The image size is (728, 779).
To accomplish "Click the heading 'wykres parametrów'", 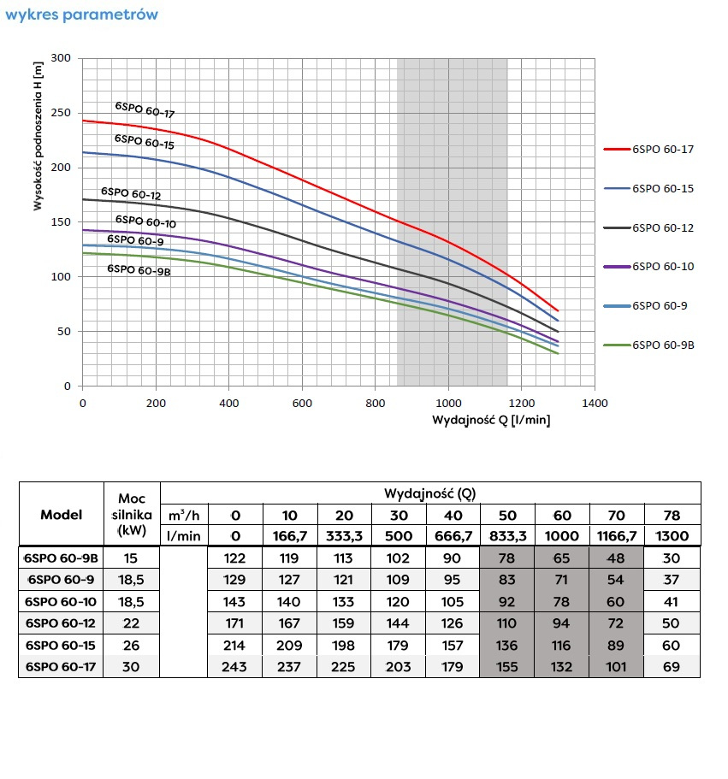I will coord(81,15).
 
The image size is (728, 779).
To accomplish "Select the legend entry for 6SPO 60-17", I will coord(663,149).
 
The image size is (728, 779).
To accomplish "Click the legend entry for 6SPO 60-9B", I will coord(663,345).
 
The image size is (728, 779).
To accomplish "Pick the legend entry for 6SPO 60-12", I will coord(663,227).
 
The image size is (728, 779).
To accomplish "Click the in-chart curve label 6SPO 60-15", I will coord(145,141).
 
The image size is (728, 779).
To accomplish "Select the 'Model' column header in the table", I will coord(62,515).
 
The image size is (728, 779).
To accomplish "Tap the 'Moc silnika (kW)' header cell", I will coord(132,515).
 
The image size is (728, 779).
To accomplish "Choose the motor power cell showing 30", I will coord(132,666).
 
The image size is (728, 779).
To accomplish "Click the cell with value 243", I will coord(234,666).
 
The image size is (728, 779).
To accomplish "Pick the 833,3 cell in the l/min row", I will coord(507,536).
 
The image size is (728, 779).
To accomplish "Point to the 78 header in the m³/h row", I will coord(672,516).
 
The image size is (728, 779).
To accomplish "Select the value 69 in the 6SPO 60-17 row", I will coord(672,666).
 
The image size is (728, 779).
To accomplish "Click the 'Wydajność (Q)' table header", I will coord(429,493).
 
